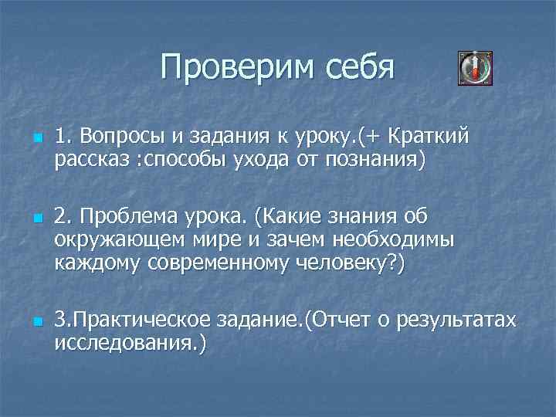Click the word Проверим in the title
pos(227,67)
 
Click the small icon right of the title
pos(474,69)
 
